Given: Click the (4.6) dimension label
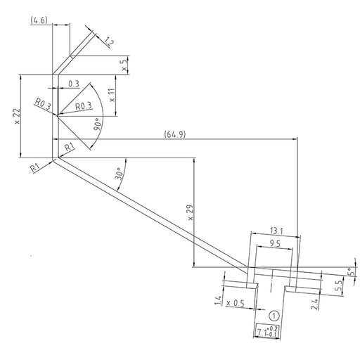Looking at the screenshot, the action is (39, 20).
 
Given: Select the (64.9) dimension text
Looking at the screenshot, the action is (175, 134).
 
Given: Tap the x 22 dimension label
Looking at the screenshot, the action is (18, 116).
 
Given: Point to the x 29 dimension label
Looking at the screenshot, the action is (191, 212).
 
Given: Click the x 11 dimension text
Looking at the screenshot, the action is (112, 95).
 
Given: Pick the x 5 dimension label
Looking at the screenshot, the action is (124, 65).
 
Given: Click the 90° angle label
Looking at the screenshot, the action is (97, 124).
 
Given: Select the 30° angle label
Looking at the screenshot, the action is (119, 174).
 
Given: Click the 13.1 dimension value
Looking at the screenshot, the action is (276, 231).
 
